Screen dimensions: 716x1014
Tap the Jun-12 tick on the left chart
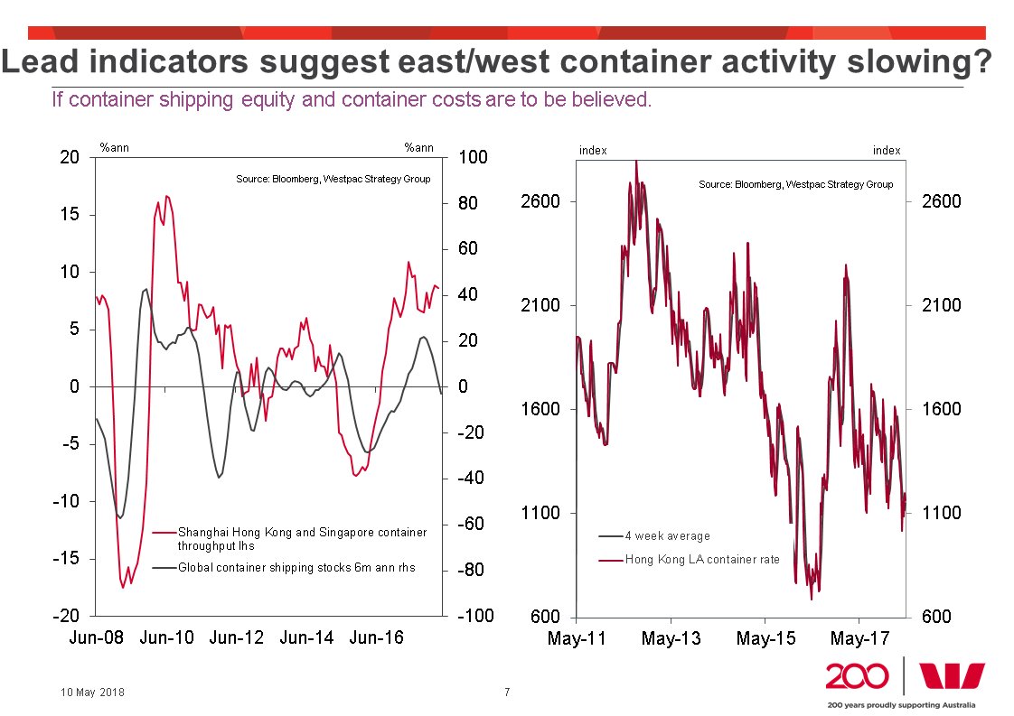[x=237, y=637]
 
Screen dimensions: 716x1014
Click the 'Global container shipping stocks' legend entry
[x=296, y=568]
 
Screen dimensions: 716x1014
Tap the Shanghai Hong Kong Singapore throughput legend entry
[x=302, y=538]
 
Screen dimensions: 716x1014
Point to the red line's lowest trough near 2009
[x=123, y=588]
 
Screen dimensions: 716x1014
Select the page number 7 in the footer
[x=507, y=693]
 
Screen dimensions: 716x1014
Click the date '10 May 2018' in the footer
[x=93, y=693]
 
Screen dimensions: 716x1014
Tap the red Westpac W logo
[x=952, y=676]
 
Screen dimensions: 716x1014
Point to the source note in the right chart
[x=795, y=184]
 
